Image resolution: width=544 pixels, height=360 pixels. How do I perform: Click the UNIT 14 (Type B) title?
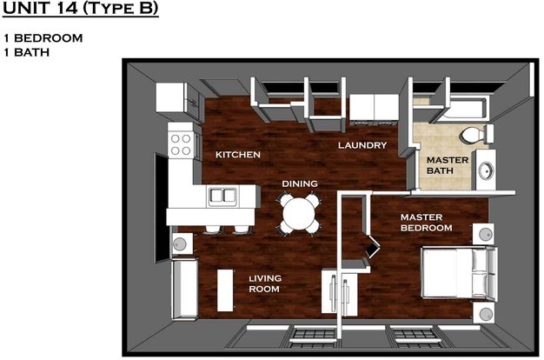click(x=80, y=9)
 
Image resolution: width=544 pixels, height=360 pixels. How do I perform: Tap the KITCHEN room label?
click(x=238, y=155)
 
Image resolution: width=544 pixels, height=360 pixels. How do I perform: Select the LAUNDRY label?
click(x=362, y=145)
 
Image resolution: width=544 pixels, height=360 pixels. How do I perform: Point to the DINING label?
click(x=300, y=183)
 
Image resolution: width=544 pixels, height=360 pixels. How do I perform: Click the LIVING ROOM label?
click(x=265, y=283)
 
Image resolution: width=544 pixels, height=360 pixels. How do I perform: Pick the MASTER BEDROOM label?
click(x=427, y=223)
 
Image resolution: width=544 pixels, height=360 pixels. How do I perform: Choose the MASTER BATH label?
click(x=448, y=165)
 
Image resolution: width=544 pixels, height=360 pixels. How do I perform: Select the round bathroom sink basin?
click(x=487, y=170)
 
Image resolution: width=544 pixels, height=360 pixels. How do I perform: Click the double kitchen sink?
click(x=222, y=197)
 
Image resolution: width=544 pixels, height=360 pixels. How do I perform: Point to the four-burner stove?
click(x=181, y=144)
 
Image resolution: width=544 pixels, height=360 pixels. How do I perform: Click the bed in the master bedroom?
click(x=460, y=272)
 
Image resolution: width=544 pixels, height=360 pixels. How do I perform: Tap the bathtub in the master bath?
click(x=465, y=108)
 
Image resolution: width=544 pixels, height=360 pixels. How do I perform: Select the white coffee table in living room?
click(x=225, y=290)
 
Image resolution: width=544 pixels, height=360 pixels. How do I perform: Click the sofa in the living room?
click(x=185, y=289)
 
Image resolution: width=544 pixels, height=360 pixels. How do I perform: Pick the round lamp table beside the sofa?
click(x=181, y=243)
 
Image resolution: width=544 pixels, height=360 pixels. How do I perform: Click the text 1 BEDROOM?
click(x=43, y=38)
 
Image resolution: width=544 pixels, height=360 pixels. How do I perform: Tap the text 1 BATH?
click(x=27, y=52)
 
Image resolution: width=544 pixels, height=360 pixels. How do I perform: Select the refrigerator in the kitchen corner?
click(x=173, y=97)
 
